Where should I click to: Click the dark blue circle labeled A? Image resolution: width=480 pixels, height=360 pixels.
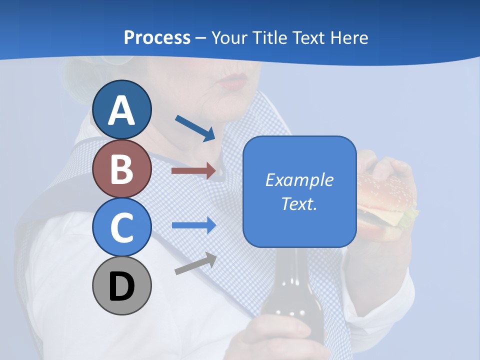(121, 109)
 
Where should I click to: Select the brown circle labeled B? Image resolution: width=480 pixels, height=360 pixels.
(121, 168)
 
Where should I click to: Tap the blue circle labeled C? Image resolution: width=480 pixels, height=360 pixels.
(121, 227)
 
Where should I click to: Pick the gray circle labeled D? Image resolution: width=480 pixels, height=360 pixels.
(121, 286)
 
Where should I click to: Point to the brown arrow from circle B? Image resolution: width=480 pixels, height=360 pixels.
(193, 171)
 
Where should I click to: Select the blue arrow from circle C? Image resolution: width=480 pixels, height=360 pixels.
(193, 225)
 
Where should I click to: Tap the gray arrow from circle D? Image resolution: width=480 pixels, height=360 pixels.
(195, 264)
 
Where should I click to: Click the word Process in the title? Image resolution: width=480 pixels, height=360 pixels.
(157, 38)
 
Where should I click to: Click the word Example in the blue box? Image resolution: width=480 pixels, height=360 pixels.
(299, 180)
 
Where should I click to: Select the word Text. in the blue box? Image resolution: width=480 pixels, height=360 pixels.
(299, 204)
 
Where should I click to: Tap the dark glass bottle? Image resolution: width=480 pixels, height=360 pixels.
(285, 295)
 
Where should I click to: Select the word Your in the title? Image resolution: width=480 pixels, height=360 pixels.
(229, 38)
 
